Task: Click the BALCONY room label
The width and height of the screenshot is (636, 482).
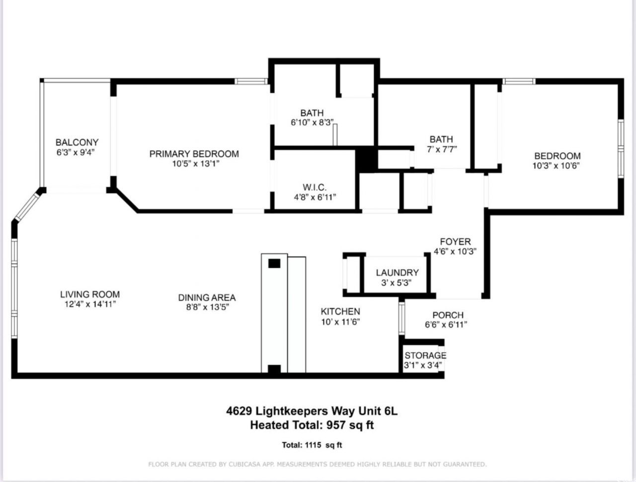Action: pyautogui.click(x=77, y=142)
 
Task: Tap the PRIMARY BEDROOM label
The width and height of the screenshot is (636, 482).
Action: pyautogui.click(x=194, y=154)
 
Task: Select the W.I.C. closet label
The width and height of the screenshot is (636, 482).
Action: pyautogui.click(x=315, y=187)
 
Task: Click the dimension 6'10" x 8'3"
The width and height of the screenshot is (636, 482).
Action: pyautogui.click(x=312, y=123)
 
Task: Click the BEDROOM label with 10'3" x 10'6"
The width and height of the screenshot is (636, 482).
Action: pyautogui.click(x=557, y=156)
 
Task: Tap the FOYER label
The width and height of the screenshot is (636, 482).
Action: pyautogui.click(x=455, y=242)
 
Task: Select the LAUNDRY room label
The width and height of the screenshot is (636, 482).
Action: pyautogui.click(x=397, y=273)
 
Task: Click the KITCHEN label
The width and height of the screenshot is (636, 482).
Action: pyautogui.click(x=340, y=312)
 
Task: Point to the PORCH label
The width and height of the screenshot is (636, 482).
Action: pyautogui.click(x=448, y=315)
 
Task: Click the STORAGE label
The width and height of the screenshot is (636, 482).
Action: pyautogui.click(x=425, y=356)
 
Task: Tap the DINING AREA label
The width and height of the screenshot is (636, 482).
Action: pyautogui.click(x=207, y=298)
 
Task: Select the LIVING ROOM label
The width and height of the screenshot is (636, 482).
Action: pyautogui.click(x=90, y=295)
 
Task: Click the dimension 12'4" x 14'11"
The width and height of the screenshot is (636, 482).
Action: pyautogui.click(x=90, y=304)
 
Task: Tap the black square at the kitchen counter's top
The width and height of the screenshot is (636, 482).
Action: pyautogui.click(x=274, y=263)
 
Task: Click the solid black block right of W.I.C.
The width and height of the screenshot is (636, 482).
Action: pyautogui.click(x=367, y=159)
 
